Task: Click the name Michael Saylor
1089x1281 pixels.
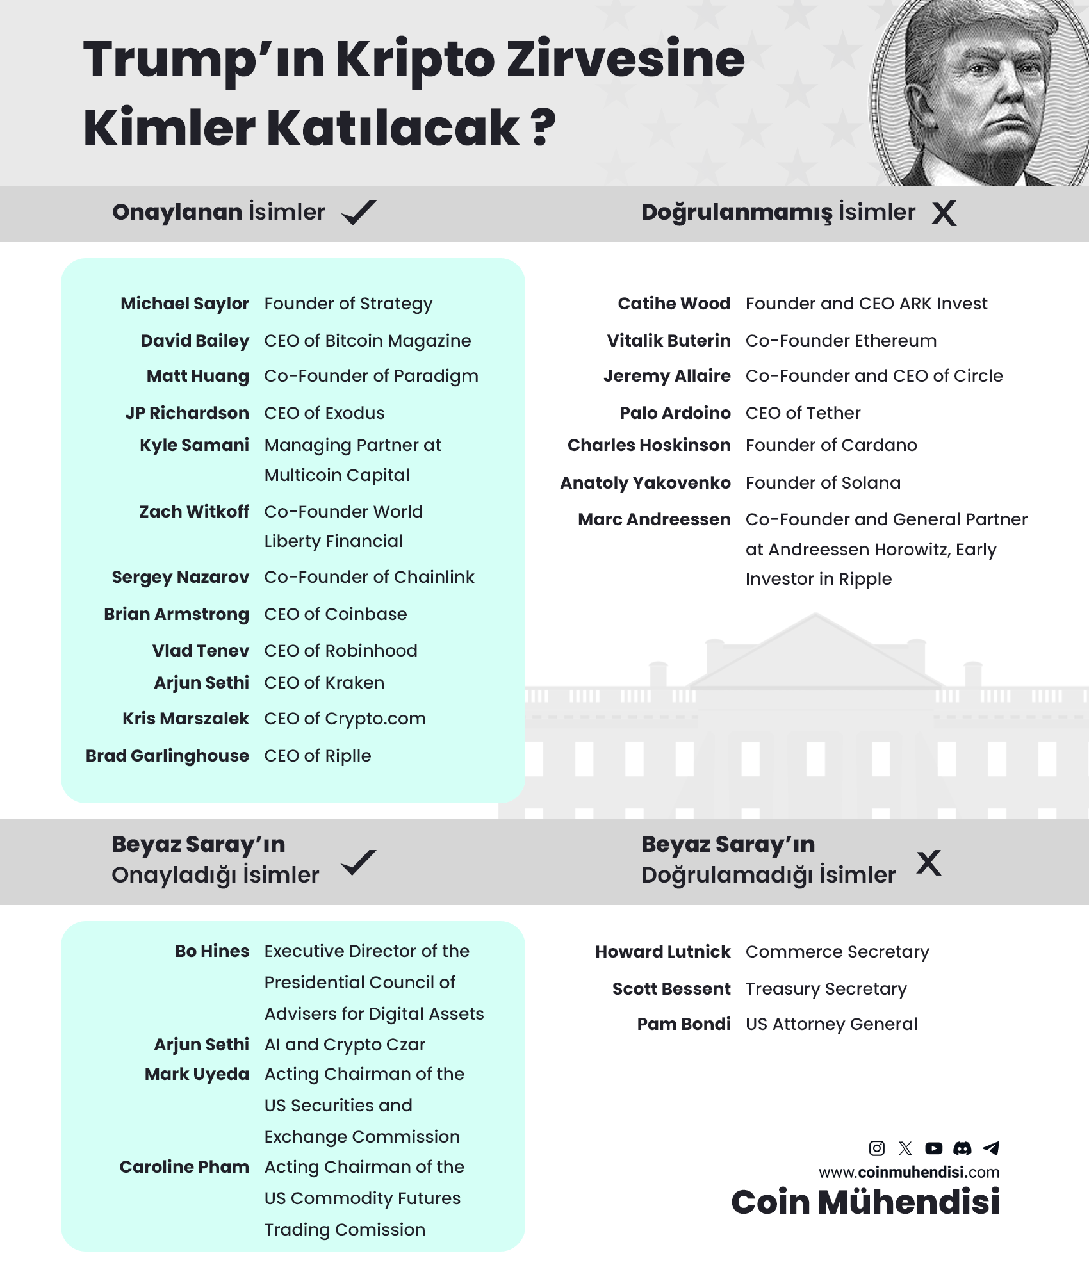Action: pos(184,304)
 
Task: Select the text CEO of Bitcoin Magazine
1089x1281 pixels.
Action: pos(367,341)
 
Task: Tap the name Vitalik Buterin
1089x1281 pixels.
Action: pos(668,341)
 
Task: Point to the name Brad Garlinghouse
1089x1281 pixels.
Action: pos(167,756)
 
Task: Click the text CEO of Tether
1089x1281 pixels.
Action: pos(803,413)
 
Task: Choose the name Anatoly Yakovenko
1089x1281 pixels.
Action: pos(645,483)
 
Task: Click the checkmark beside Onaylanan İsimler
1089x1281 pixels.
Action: pos(359,212)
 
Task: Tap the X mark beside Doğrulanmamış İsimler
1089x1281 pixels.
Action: pos(944,213)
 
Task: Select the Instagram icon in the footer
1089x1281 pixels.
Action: pos(876,1148)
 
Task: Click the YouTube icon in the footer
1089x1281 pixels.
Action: pos(933,1148)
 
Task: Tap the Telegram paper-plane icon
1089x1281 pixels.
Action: pos(991,1148)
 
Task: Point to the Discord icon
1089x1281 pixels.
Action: pos(962,1148)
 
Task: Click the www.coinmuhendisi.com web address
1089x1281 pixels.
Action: pos(908,1172)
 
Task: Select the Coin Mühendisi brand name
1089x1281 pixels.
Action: pos(865,1202)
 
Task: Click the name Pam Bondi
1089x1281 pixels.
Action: pos(684,1024)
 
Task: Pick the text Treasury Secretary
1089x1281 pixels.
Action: pos(826,989)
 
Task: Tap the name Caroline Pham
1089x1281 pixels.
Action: pos(184,1167)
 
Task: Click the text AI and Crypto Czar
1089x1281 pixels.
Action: pos(345,1045)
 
